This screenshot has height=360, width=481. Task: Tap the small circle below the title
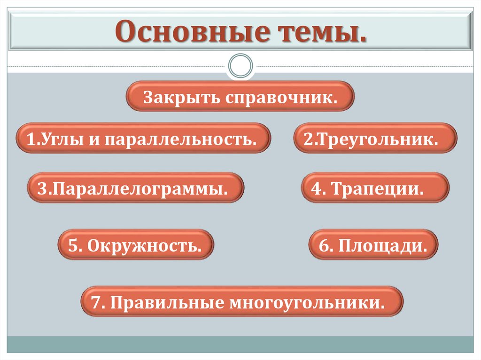click(x=240, y=65)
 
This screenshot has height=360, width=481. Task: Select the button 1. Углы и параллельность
click(x=143, y=138)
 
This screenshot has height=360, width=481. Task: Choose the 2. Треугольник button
click(x=375, y=138)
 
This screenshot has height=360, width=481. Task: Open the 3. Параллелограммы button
click(x=135, y=188)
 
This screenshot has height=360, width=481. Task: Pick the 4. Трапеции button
click(x=375, y=188)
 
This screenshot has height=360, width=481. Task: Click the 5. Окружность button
click(x=135, y=244)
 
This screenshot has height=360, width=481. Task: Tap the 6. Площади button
click(x=373, y=244)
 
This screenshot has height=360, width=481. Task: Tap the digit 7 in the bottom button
click(x=97, y=301)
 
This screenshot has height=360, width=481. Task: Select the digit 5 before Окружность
click(x=73, y=245)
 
